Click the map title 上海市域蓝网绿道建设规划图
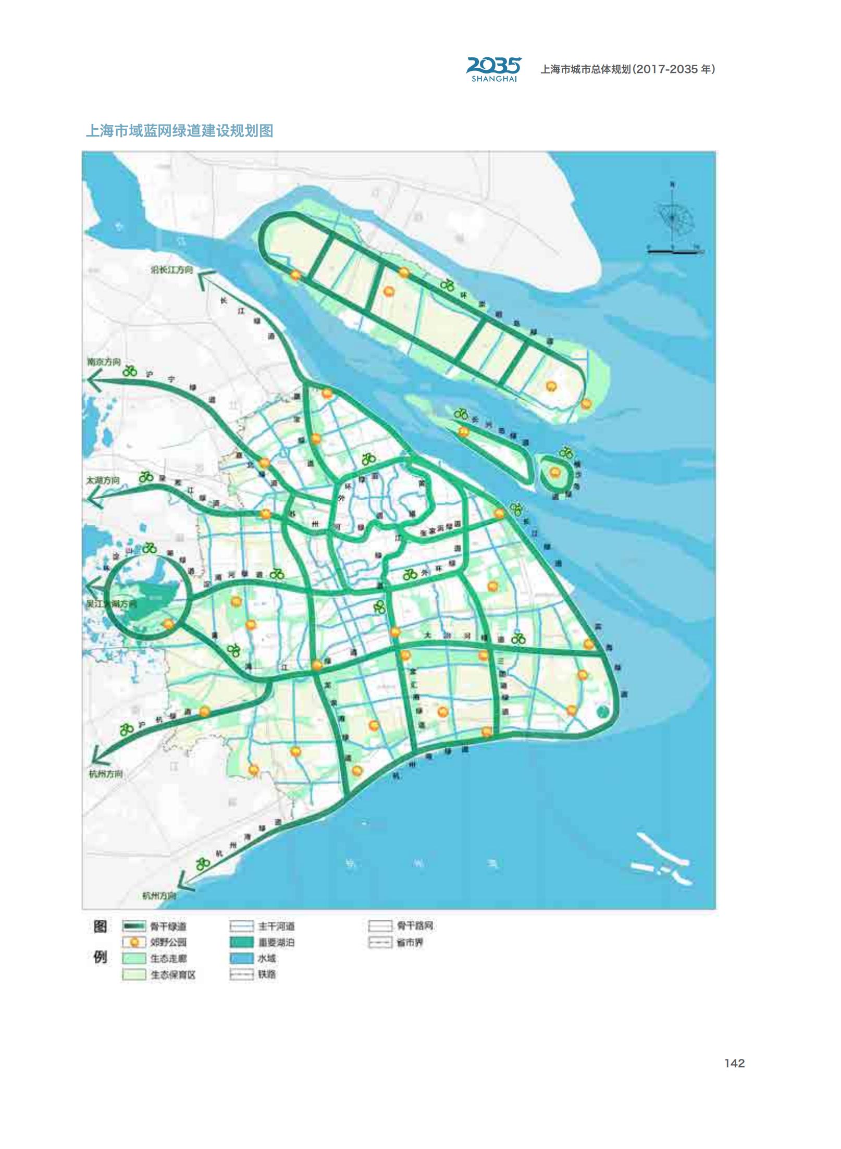point(179,130)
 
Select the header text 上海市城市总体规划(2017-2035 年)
point(628,69)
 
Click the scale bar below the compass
point(674,251)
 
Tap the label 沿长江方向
point(171,270)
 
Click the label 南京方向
point(104,362)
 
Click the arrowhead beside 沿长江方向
point(207,276)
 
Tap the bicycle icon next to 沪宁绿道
point(130,372)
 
